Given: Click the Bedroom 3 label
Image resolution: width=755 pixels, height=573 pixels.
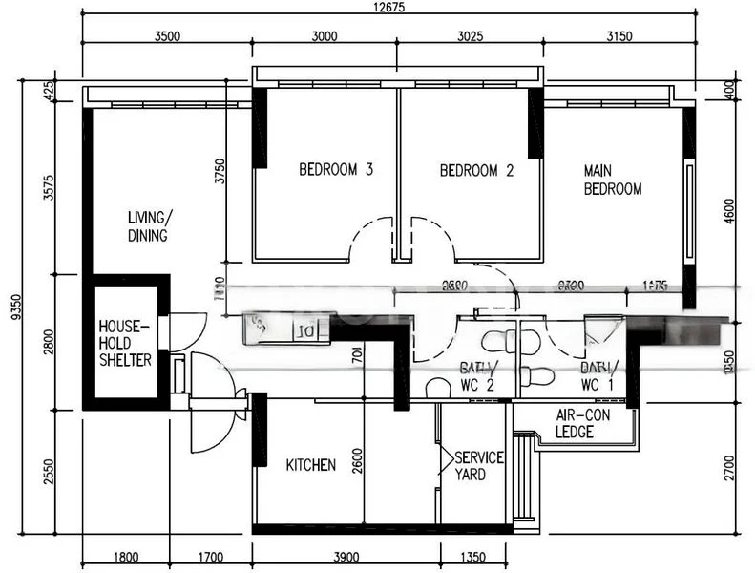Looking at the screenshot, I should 335,171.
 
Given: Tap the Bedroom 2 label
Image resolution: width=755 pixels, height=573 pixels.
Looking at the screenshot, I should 476,171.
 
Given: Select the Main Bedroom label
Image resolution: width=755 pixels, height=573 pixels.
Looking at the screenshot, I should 612,180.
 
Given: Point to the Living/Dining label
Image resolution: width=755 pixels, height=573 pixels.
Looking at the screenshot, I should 148,226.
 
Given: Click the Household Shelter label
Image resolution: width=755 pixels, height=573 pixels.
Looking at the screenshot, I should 125,343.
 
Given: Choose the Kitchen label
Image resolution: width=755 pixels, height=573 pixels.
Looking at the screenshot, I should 310,465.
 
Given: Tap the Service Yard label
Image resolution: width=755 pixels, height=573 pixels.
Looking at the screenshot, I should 478,466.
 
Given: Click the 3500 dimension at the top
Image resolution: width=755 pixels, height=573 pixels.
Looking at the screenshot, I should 166,37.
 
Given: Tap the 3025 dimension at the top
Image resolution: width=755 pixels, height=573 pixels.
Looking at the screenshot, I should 470,37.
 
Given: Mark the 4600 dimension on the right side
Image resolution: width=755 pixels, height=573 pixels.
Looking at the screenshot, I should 730,209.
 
